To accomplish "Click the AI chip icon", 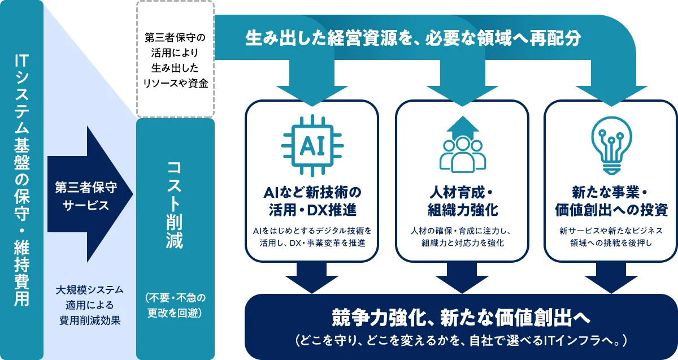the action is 312,146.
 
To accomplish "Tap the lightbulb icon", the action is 611,146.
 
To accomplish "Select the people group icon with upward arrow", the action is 463,145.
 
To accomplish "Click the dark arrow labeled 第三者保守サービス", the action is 90,194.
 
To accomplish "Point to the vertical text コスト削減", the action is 175,205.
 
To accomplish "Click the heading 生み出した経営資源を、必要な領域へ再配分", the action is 413,38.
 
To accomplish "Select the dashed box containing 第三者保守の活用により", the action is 176,59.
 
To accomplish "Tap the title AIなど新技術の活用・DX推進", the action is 312,201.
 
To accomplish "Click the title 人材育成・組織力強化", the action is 463,201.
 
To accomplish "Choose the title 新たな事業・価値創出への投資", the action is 611,201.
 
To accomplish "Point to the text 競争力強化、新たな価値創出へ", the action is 461,318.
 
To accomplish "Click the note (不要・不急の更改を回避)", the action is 176,306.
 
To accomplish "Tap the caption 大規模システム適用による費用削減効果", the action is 90,305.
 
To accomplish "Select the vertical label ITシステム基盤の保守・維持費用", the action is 22,180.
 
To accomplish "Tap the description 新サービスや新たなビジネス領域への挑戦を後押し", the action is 611,237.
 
